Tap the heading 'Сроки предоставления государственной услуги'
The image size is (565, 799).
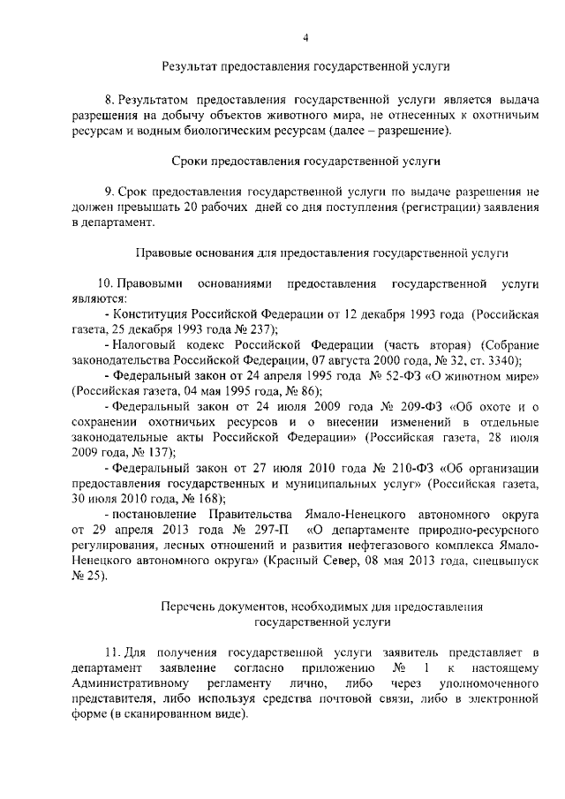point(305,162)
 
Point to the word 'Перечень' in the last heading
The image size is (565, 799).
point(187,607)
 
